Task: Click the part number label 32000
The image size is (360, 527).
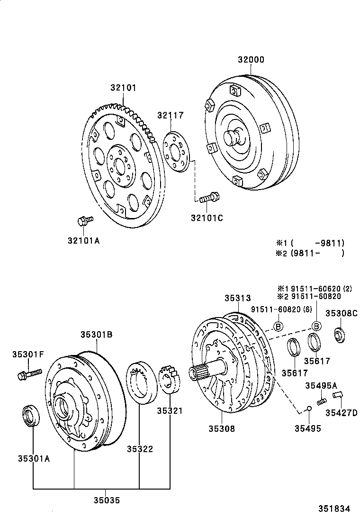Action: click(251, 60)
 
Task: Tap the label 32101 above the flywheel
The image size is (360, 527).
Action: click(124, 88)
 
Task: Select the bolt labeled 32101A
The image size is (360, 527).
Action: click(85, 220)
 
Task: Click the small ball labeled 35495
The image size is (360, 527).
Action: click(308, 408)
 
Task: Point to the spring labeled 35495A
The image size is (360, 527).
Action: click(322, 401)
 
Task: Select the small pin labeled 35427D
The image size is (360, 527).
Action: click(338, 394)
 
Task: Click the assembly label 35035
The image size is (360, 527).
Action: click(107, 500)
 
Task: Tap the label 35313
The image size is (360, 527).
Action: click(237, 298)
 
